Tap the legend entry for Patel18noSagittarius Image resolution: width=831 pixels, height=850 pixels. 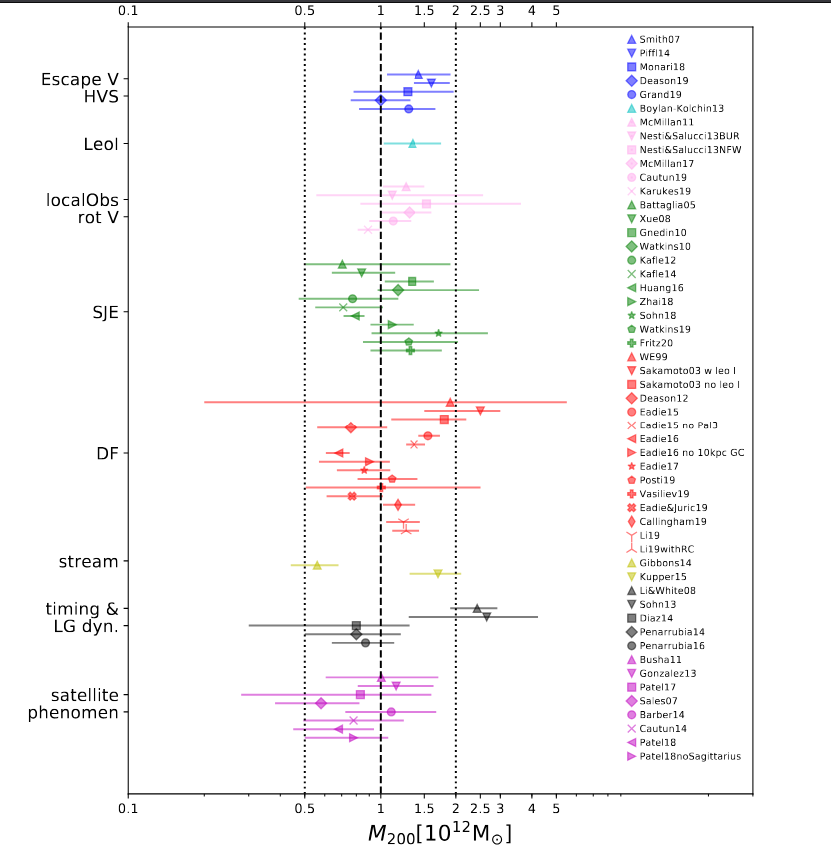[690, 756]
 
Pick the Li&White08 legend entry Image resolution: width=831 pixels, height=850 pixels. [668, 591]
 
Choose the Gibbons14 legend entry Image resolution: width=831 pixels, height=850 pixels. [666, 563]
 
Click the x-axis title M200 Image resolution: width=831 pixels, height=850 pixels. [439, 832]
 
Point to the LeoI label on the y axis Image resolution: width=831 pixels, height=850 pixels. [101, 144]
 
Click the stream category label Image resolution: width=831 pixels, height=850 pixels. [89, 562]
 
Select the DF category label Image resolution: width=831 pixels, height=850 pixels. [107, 453]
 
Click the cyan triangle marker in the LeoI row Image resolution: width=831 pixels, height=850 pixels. [412, 143]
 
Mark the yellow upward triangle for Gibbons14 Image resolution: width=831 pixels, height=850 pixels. [317, 565]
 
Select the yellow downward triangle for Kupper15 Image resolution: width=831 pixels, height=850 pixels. [438, 574]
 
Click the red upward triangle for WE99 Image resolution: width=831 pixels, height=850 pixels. [450, 402]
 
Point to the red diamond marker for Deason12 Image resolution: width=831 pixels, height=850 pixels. [351, 427]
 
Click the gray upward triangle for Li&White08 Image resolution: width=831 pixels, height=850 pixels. [477, 608]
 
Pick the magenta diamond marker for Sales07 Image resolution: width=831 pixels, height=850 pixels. [321, 703]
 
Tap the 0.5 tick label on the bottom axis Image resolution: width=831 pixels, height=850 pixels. [304, 809]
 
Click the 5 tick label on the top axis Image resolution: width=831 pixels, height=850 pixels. [556, 10]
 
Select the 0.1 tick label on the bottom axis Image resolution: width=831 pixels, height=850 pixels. [127, 809]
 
